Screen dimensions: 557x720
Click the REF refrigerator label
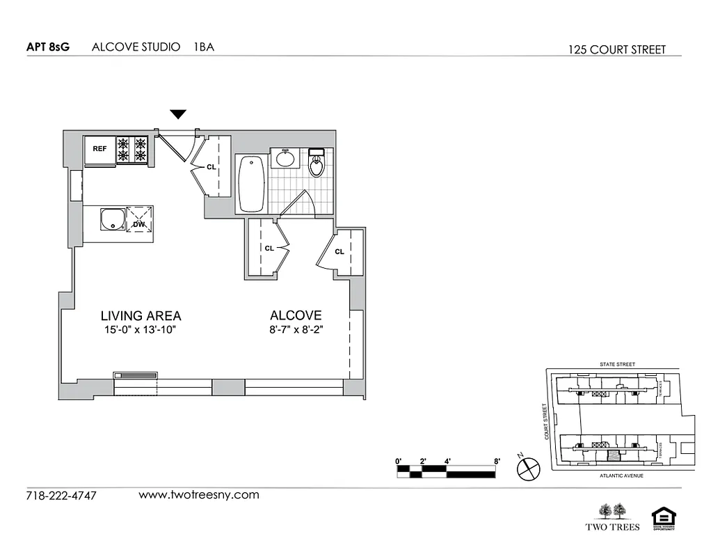pyautogui.click(x=100, y=148)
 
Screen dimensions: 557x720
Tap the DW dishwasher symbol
pyautogui.click(x=138, y=223)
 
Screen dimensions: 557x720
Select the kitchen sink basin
pyautogui.click(x=111, y=220)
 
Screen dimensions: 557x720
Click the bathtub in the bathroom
pyautogui.click(x=251, y=183)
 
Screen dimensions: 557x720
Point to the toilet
pyautogui.click(x=317, y=164)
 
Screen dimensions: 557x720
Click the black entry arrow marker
pyautogui.click(x=179, y=114)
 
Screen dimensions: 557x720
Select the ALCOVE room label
pyautogui.click(x=296, y=315)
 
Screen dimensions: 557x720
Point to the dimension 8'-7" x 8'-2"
pyautogui.click(x=296, y=330)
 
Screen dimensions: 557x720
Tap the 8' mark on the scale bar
pyautogui.click(x=497, y=461)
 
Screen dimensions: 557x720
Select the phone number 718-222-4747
pyautogui.click(x=61, y=496)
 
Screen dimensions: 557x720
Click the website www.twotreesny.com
pyautogui.click(x=199, y=495)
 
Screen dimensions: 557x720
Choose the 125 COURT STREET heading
pyautogui.click(x=616, y=49)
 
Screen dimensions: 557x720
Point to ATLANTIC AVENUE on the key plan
pyautogui.click(x=621, y=476)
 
